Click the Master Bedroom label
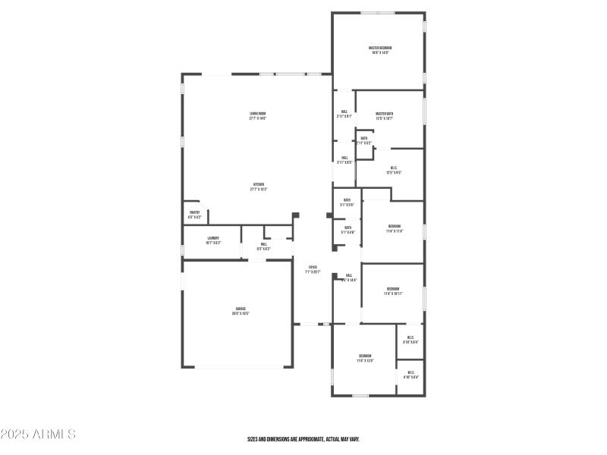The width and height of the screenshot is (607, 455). coord(380,48)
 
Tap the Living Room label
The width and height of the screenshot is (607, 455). coord(257,114)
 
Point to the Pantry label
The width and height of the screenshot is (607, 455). coord(194,213)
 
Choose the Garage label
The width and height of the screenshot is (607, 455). coord(240,309)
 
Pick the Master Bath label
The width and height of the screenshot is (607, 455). coord(384,114)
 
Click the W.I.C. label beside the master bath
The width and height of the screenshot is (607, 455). coord(394,168)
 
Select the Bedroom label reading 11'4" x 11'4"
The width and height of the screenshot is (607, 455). coord(394,227)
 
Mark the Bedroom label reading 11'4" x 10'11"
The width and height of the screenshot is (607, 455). coord(393,289)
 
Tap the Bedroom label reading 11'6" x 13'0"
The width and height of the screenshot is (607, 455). coord(365,356)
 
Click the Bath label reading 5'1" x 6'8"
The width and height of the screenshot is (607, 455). coord(348,227)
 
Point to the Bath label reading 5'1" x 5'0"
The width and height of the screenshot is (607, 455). coord(347,200)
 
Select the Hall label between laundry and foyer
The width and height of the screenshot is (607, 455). coord(264,244)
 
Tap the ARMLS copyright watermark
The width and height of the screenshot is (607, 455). coord(38,435)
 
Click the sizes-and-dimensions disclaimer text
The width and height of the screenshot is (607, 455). coord(303,439)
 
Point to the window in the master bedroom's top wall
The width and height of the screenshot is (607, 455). coord(377,13)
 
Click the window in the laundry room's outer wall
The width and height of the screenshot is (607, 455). coord(182,249)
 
